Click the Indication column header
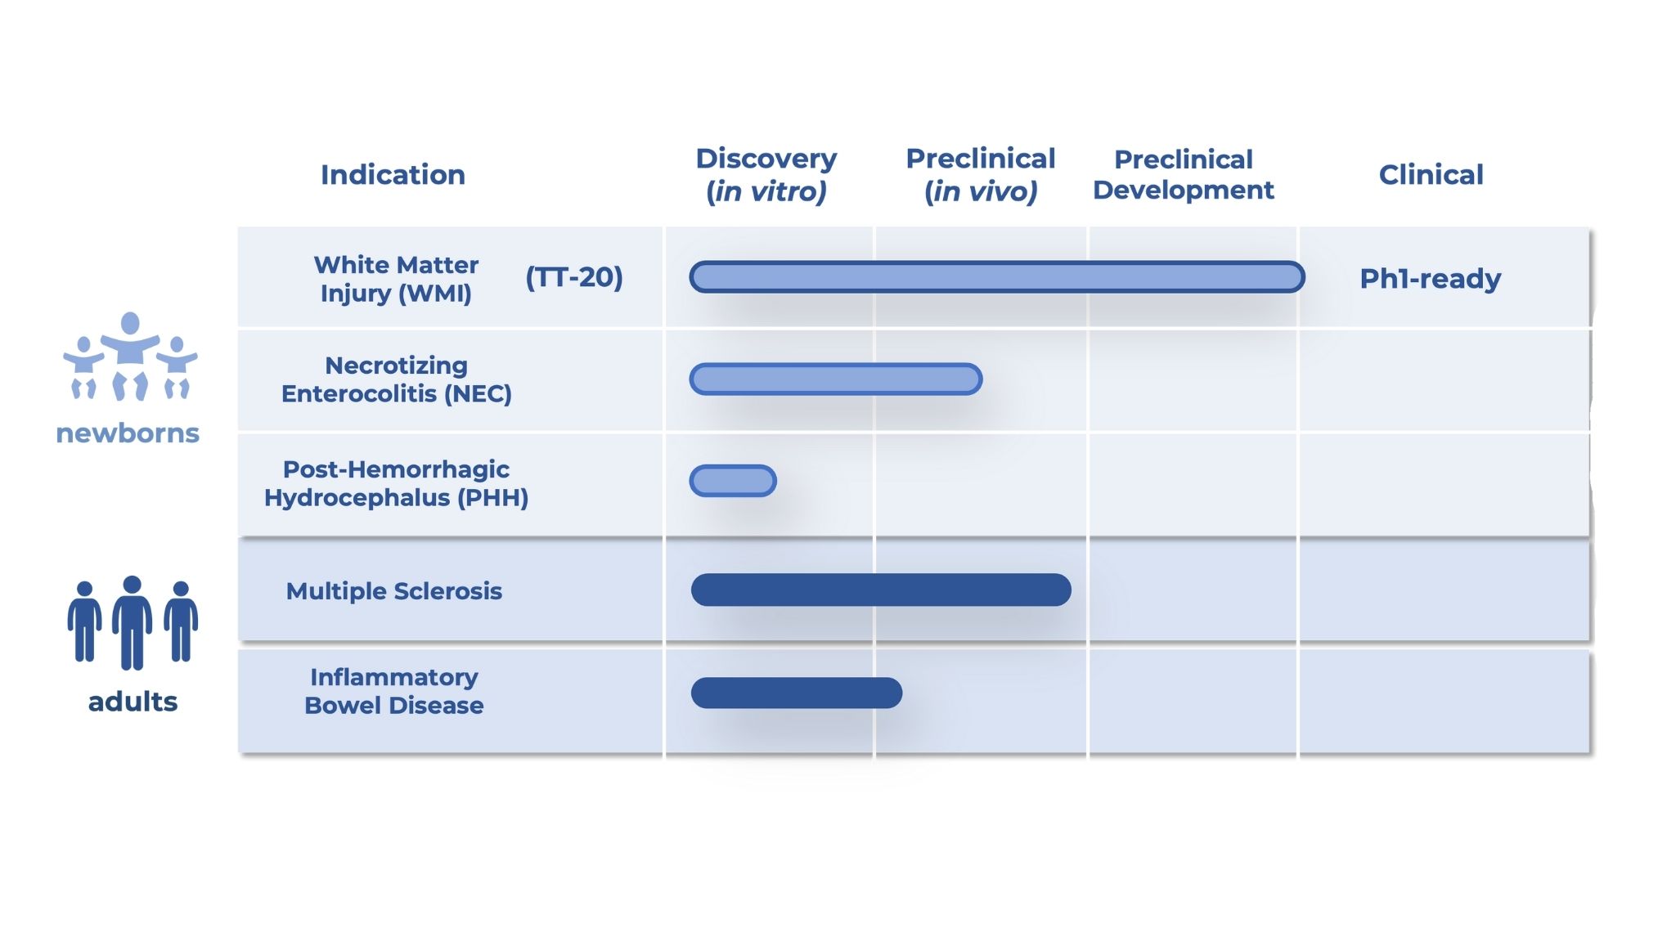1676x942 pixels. pyautogui.click(x=393, y=174)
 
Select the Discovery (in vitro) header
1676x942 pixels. pyautogui.click(x=766, y=174)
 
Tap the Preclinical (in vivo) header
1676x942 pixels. pyautogui.click(x=981, y=174)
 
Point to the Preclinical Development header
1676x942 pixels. pyautogui.click(x=1184, y=174)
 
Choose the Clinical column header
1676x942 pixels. pyautogui.click(x=1431, y=174)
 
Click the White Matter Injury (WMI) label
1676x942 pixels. pyautogui.click(x=396, y=279)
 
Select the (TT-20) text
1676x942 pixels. pyautogui.click(x=574, y=277)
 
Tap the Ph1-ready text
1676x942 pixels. pyautogui.click(x=1431, y=279)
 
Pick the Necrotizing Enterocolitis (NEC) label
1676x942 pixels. pyautogui.click(x=397, y=379)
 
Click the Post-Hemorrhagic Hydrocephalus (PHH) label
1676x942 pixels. pyautogui.click(x=396, y=483)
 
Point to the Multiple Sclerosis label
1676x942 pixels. pyautogui.click(x=394, y=591)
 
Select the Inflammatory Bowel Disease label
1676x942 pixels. pyautogui.click(x=394, y=691)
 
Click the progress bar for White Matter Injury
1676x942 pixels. pyautogui.click(x=997, y=277)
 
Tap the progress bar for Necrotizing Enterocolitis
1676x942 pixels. pyautogui.click(x=836, y=379)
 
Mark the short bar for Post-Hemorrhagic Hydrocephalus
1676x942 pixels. pyautogui.click(x=733, y=481)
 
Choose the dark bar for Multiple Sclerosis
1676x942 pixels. pyautogui.click(x=881, y=590)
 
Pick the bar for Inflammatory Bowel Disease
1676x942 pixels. pyautogui.click(x=797, y=693)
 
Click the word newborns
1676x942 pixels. pyautogui.click(x=128, y=433)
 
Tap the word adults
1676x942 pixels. pyautogui.click(x=133, y=702)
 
